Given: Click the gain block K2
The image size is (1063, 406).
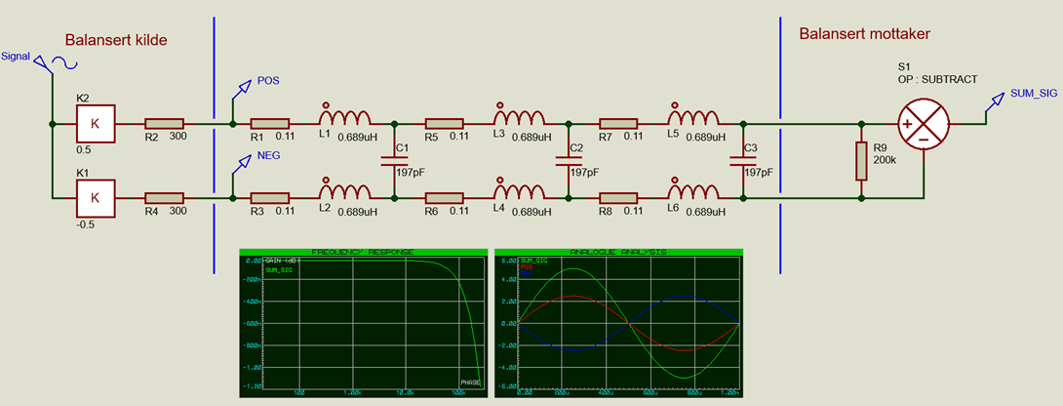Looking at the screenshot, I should [x=95, y=124].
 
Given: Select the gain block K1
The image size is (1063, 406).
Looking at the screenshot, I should [x=95, y=198].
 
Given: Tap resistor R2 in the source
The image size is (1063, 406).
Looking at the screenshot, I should [x=164, y=124].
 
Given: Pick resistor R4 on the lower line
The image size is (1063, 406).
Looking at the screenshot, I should [x=164, y=198].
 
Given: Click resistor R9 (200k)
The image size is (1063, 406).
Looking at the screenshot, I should [x=861, y=161].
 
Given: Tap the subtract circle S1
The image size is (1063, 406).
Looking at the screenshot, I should [x=923, y=124].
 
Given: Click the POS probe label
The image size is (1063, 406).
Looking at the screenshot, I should [x=267, y=82].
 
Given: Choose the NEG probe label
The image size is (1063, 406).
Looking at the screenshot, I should [x=268, y=155].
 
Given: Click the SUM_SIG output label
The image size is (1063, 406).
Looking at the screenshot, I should [x=1033, y=92].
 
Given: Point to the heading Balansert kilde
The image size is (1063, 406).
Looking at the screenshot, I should [x=116, y=41].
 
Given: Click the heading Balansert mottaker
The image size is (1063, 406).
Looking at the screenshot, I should [x=864, y=34].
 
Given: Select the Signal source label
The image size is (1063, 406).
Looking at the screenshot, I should [x=15, y=57].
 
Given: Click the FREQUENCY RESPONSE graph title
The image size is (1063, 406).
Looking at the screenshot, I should [x=362, y=253].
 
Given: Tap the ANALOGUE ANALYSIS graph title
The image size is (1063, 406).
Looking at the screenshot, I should [x=619, y=253].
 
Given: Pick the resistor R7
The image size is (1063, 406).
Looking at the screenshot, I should [x=617, y=124].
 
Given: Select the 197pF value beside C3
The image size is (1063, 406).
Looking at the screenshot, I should [x=758, y=172].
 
